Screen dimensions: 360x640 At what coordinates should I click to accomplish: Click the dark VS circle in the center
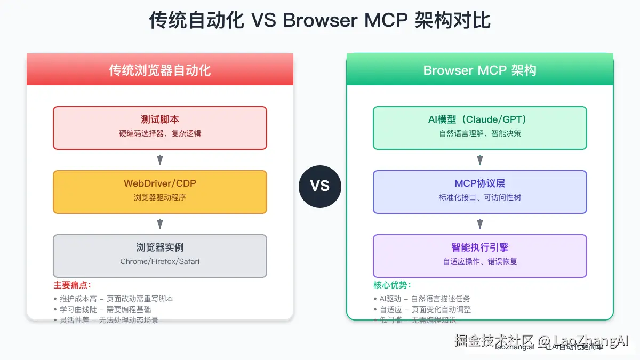coord(319,186)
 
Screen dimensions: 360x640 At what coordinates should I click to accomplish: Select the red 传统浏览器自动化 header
coord(159,70)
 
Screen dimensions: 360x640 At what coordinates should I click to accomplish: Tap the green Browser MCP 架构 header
coord(479,70)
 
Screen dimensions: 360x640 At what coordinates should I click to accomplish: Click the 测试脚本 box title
coord(159,119)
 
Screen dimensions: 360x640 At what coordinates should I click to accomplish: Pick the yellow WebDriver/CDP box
coord(159,191)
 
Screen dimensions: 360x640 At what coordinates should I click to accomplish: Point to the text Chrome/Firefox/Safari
coord(159,261)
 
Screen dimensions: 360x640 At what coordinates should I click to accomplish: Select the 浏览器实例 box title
coord(159,247)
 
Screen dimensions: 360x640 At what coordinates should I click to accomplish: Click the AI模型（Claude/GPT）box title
coord(479,119)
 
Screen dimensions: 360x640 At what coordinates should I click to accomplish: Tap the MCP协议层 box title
coord(479,183)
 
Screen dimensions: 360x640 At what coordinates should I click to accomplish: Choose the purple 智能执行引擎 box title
coord(479,247)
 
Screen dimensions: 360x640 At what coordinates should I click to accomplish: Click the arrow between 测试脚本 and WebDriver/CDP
coord(159,160)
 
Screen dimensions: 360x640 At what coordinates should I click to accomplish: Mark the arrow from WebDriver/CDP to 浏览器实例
coord(159,224)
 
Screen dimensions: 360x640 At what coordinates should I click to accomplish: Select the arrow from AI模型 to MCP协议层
coord(479,160)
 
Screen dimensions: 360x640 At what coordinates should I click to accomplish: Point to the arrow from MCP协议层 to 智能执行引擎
coord(479,224)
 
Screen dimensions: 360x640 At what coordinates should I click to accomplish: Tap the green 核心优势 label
coord(392,285)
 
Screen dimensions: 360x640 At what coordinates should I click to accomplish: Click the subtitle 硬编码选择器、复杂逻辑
coord(159,134)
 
